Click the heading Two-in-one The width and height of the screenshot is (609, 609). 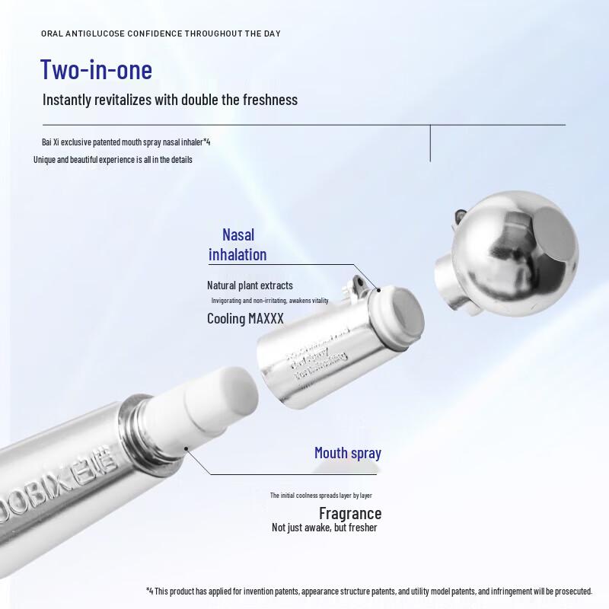point(96,69)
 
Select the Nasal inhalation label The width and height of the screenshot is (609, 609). point(238,244)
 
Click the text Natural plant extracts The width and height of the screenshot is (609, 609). point(250,285)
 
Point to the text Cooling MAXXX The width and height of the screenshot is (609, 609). point(245,318)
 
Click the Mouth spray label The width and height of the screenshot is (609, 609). point(348,453)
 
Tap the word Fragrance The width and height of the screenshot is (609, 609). point(349,513)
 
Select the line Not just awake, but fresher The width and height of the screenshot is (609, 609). point(324,528)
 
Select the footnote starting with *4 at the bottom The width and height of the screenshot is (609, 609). point(368,591)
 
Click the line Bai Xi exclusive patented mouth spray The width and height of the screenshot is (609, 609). point(126,142)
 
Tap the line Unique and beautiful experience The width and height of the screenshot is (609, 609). point(113,160)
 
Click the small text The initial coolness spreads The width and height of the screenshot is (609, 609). point(320,495)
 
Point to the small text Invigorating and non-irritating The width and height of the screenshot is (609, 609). point(269,301)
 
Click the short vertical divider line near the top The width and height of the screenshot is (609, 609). point(431,142)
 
